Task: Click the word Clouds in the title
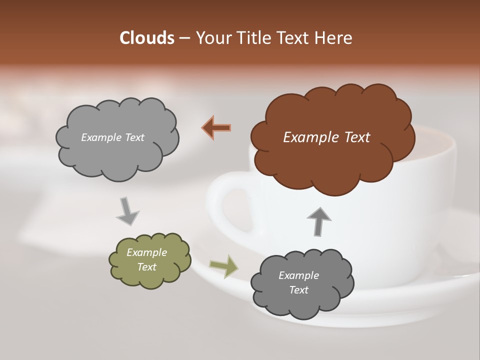pyautogui.click(x=146, y=38)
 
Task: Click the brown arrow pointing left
pyautogui.click(x=216, y=128)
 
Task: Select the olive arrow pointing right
pyautogui.click(x=224, y=266)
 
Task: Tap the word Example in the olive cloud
pyautogui.click(x=146, y=252)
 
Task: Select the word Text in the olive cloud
pyautogui.click(x=146, y=267)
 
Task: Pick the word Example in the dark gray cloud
pyautogui.click(x=298, y=275)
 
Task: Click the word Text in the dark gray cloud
pyautogui.click(x=298, y=290)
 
